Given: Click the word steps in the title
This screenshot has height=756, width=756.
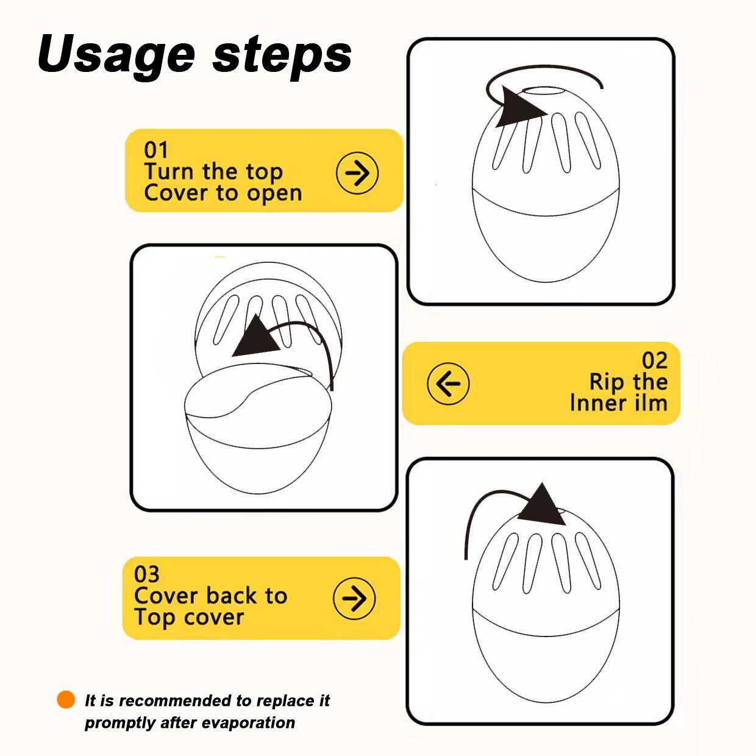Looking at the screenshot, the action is tap(282, 57).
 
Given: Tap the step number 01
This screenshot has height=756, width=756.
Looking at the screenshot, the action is tap(156, 150).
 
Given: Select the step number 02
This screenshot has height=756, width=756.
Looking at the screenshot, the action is tap(654, 360).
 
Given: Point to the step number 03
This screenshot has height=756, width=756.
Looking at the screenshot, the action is tap(146, 575).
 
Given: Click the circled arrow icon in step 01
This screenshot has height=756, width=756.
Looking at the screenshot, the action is tap(357, 173).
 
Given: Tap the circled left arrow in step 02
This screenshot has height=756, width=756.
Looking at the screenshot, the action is tap(448, 383).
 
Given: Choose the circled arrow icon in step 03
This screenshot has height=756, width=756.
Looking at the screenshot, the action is tap(354, 598).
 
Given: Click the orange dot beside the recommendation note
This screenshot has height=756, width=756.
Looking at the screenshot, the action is tap(66, 699).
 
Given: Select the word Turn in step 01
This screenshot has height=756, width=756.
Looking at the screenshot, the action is tap(169, 171).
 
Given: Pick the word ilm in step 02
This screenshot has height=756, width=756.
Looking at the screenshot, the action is tap(651, 404).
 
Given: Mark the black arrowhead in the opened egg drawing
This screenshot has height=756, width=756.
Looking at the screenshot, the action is tap(257, 338).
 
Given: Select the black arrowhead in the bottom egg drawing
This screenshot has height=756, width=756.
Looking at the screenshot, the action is tap(543, 505).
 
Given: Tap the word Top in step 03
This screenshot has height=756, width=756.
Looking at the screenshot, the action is tap(155, 618).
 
